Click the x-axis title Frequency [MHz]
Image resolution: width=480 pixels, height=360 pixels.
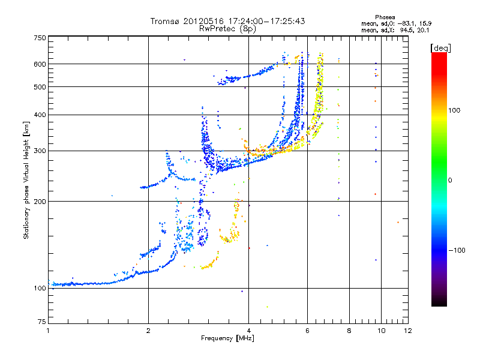227,339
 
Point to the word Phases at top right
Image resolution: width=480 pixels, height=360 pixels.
385,17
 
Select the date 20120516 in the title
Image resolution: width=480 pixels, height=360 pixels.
204,21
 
